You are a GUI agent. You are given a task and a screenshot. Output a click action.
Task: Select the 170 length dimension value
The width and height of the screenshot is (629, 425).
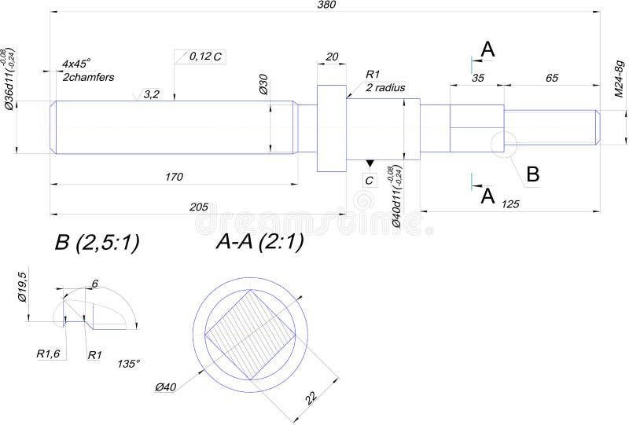pyautogui.click(x=174, y=178)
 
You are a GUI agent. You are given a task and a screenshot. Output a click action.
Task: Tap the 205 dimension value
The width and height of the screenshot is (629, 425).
pyautogui.click(x=198, y=207)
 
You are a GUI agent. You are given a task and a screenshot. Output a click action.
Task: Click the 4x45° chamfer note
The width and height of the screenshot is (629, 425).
pyautogui.click(x=77, y=63)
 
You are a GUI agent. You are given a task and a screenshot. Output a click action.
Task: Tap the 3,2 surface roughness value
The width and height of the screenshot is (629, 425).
pyautogui.click(x=152, y=94)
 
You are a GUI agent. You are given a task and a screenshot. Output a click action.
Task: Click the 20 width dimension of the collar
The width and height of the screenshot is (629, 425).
pyautogui.click(x=332, y=57)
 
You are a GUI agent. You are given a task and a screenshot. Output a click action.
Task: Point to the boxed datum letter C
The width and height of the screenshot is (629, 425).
pyautogui.click(x=370, y=180)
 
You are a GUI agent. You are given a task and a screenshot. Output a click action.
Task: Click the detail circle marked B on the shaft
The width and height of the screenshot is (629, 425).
pyautogui.click(x=502, y=144)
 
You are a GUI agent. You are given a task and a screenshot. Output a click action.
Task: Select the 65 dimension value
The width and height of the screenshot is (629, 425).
pyautogui.click(x=551, y=78)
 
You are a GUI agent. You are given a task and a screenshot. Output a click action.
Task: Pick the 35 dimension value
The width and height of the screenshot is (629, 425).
pyautogui.click(x=477, y=78)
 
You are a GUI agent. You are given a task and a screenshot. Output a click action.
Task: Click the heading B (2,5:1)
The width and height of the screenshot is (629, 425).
pyautogui.click(x=97, y=244)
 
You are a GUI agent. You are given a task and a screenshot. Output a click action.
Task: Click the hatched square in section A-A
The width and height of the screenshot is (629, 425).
pyautogui.click(x=250, y=334)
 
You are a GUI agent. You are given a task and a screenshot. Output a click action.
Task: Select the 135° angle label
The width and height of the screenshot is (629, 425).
pyautogui.click(x=128, y=364)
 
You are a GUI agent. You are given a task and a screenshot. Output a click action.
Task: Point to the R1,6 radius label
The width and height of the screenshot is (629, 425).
pyautogui.click(x=48, y=354)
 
